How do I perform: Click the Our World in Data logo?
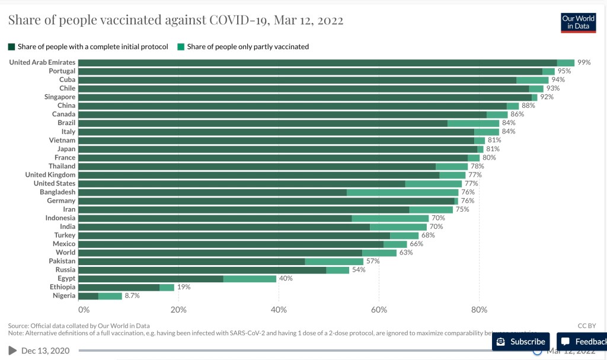click(578, 22)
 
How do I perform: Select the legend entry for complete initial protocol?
click(88, 46)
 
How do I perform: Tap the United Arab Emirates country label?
click(42, 62)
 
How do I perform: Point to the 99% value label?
click(584, 62)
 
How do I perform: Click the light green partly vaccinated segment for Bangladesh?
click(402, 192)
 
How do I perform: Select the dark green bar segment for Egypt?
click(151, 279)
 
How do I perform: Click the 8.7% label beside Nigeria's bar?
click(132, 296)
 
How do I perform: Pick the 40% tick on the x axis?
click(279, 310)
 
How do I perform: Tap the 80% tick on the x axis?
click(479, 310)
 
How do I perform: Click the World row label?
click(65, 253)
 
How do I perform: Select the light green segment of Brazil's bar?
click(473, 123)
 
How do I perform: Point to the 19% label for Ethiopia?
click(184, 287)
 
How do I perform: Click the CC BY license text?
click(586, 326)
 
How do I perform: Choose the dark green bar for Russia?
click(202, 270)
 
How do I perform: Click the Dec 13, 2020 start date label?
click(45, 351)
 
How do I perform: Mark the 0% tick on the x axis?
click(84, 310)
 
